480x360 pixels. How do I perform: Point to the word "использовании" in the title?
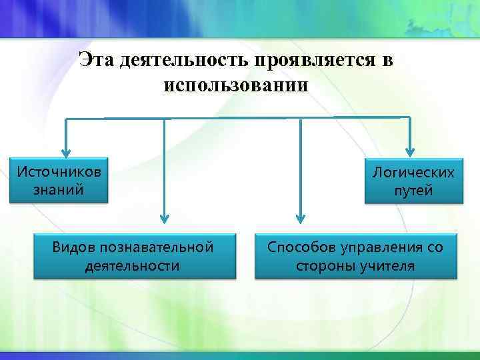click(235, 85)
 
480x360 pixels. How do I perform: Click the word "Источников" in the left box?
click(59, 171)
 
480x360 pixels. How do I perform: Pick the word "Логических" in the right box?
click(413, 173)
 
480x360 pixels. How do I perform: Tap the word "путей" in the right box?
click(413, 191)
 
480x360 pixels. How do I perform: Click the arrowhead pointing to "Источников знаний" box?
click(65, 151)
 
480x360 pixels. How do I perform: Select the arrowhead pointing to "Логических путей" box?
click(411, 151)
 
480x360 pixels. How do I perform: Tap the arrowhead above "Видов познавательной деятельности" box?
click(164, 217)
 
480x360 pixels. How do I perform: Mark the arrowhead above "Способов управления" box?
click(300, 217)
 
